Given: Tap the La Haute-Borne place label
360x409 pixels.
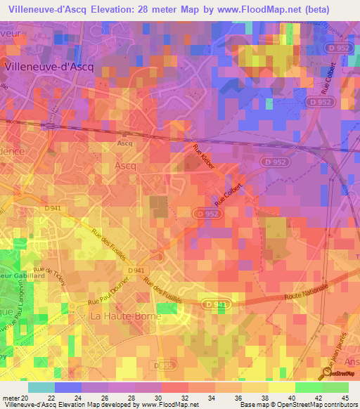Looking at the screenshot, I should [x=126, y=316].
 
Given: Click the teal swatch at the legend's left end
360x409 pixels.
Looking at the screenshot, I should [x=41, y=387].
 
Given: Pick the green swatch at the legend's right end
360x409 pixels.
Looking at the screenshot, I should [x=335, y=387].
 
